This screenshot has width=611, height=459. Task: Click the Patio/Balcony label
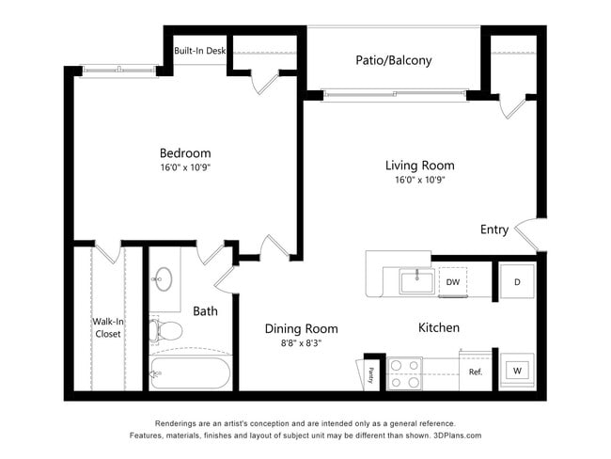pos(393,61)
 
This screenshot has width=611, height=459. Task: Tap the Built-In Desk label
pos(198,52)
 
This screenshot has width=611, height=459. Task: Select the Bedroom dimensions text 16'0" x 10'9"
pos(185,169)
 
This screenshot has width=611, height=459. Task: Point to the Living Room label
pos(419,166)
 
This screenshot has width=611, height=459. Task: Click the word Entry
pos(493,229)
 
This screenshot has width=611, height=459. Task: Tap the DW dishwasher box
pos(452,282)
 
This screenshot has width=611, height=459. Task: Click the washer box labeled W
pos(517,371)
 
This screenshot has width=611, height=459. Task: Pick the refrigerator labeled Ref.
pos(476,372)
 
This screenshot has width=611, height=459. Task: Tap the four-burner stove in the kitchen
pos(406,373)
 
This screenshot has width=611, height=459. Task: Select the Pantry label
pos(371,374)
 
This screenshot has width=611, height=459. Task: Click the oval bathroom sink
pos(164,278)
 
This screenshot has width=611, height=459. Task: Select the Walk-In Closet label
pos(106,327)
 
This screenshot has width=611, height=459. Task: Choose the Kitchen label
pos(438,327)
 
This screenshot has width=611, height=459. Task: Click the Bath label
pos(205,310)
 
